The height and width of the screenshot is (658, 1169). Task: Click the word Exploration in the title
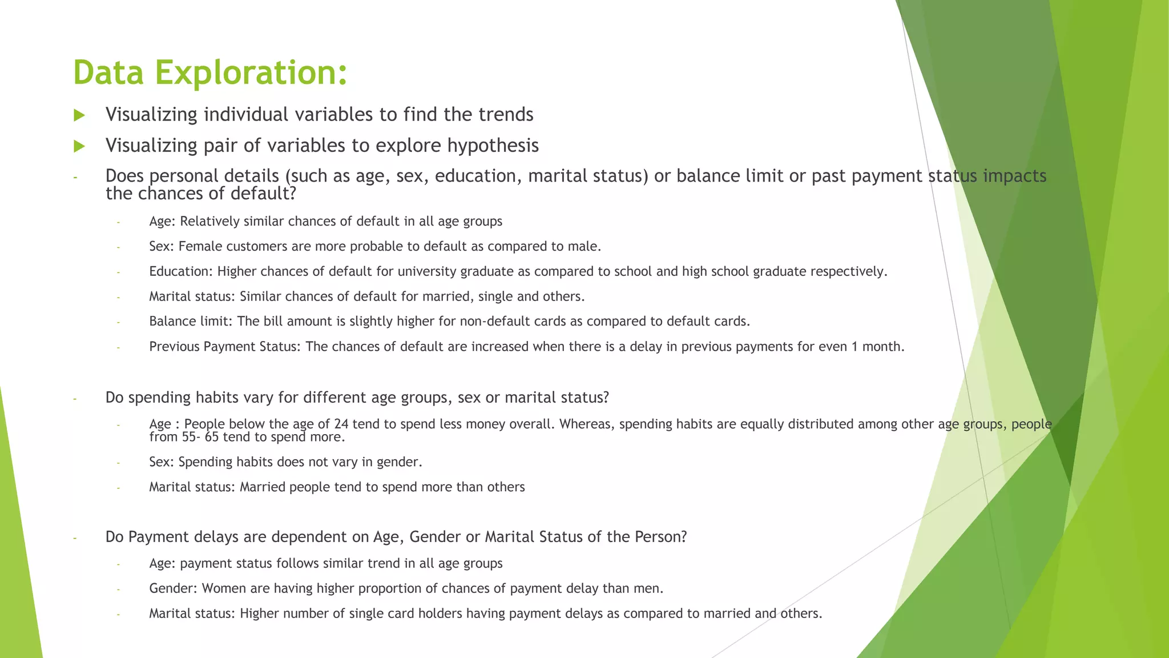[251, 73]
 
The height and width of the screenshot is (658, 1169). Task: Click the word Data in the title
[108, 73]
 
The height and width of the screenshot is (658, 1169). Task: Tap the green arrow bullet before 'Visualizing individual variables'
[79, 115]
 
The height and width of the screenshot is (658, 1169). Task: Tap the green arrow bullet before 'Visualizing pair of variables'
[79, 146]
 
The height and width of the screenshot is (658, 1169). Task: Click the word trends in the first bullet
[506, 115]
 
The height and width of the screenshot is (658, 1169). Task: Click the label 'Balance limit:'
[191, 322]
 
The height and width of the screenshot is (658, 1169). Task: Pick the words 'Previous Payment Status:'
[224, 347]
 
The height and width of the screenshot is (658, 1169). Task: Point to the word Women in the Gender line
[221, 589]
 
